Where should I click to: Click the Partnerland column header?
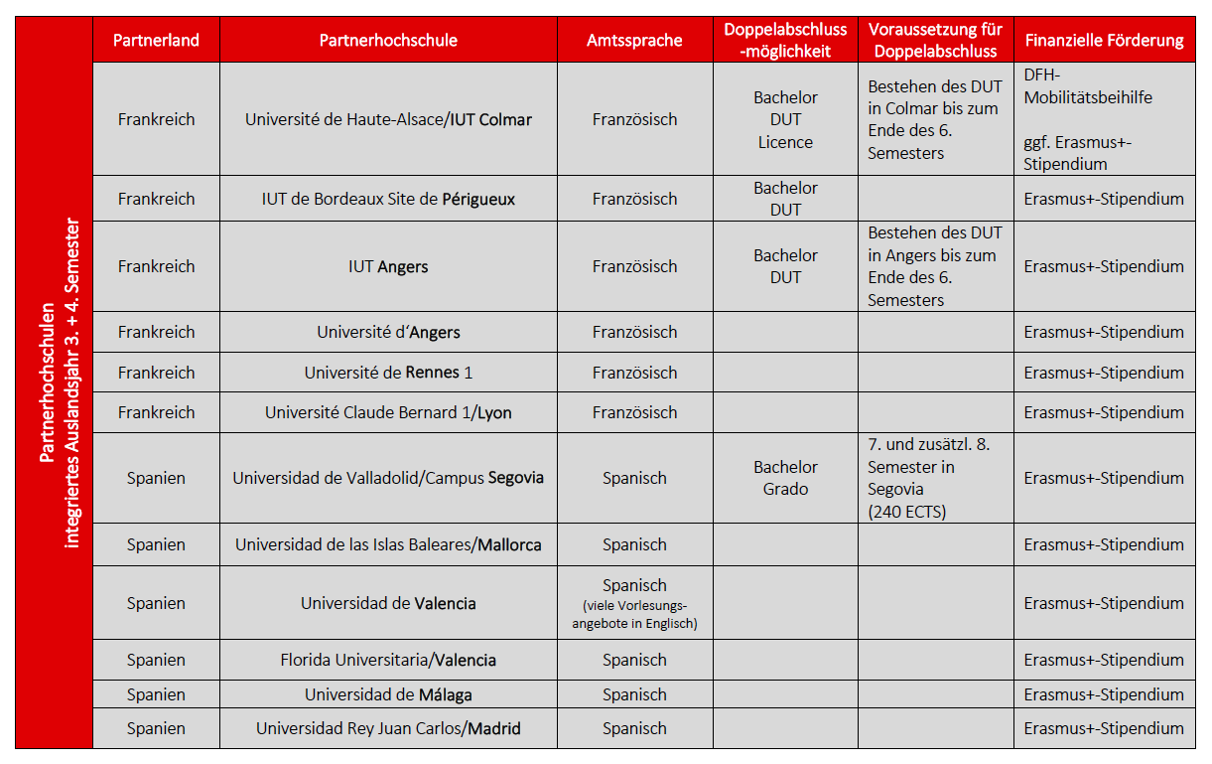point(156,41)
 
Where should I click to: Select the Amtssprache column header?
point(634,41)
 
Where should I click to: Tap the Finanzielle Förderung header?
point(1104,41)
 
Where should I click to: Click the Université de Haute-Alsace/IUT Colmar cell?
point(388,119)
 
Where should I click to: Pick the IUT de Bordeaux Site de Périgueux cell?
point(388,199)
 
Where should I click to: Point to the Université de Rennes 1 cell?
point(388,373)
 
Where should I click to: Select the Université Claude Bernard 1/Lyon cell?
point(388,412)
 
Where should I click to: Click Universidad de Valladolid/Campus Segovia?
point(388,478)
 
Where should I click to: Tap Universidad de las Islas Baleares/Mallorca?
point(388,544)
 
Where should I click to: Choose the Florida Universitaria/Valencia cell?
point(388,660)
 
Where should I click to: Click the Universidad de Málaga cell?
point(388,694)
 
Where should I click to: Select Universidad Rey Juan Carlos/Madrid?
point(388,728)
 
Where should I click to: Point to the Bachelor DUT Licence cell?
point(785,119)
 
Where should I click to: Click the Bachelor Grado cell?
point(785,478)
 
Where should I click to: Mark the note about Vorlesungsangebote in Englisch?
point(634,615)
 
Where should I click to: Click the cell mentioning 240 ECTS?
point(934,478)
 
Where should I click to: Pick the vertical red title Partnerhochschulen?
point(56,382)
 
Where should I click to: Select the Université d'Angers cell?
point(388,332)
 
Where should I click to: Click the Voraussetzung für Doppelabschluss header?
point(934,41)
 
